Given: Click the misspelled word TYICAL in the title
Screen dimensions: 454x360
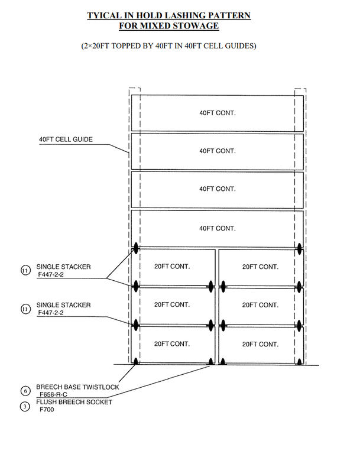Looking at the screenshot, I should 106,16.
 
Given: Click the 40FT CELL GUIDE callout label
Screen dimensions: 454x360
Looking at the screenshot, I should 66,140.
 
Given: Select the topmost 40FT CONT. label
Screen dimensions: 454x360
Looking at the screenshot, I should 218,112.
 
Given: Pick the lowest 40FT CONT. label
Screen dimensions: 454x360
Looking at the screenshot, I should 218,228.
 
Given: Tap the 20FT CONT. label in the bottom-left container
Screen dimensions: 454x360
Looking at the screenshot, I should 171,344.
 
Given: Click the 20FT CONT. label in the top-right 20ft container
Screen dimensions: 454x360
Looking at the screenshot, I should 260,267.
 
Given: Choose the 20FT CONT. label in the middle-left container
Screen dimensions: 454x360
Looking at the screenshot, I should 171,305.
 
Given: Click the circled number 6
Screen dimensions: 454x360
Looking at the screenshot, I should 25,391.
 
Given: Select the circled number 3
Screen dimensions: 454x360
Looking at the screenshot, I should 25,406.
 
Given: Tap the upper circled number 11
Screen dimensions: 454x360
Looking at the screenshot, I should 25,271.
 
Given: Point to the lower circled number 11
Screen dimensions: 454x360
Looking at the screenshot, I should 25,309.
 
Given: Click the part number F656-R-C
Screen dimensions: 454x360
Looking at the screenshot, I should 57,394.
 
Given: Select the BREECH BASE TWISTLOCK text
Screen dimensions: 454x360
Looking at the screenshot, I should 77,387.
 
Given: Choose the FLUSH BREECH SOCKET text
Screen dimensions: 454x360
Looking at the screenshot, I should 74,402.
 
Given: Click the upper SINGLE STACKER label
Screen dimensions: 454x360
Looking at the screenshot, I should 63,267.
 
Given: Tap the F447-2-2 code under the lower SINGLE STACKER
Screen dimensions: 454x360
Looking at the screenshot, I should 51,312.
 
